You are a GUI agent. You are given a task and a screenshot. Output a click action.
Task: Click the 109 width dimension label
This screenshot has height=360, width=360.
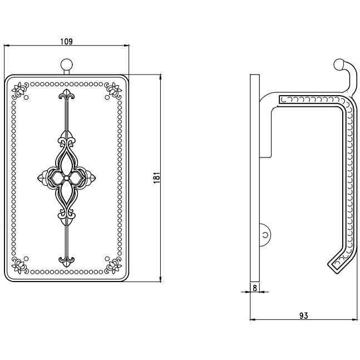[66, 42]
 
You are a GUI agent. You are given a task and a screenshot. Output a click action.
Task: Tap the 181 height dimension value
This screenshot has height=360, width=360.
[157, 177]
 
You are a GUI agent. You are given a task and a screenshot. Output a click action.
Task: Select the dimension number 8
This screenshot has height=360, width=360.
[255, 288]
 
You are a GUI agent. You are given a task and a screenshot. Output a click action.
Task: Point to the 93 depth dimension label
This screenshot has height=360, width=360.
[303, 315]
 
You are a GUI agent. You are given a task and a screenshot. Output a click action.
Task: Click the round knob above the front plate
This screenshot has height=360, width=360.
[67, 65]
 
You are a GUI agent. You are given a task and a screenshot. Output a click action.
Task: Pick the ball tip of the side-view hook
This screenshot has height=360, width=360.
[339, 64]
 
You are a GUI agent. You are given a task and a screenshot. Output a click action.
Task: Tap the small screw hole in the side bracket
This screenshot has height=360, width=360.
[265, 235]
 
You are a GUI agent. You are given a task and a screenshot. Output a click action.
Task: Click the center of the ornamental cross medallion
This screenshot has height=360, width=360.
[66, 178]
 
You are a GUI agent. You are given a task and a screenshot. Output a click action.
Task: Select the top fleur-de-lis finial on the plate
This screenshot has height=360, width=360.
[67, 95]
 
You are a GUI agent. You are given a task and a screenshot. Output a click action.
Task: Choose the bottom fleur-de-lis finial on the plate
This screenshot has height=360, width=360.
[67, 262]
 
